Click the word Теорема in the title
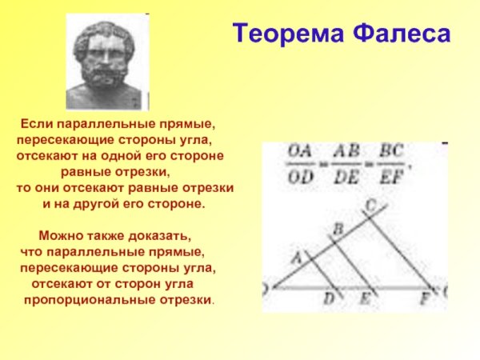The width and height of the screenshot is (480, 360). [283, 34]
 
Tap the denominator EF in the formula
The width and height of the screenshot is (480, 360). [391, 177]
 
